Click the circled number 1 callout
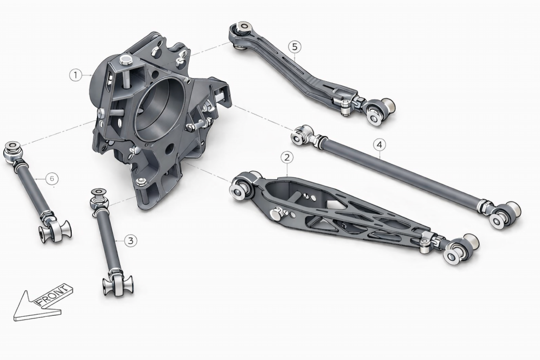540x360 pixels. (76, 75)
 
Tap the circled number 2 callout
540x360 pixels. (287, 158)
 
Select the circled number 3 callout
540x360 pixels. (130, 240)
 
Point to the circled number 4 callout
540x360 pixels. (379, 144)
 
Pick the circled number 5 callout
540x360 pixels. (294, 46)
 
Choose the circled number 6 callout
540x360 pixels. (52, 179)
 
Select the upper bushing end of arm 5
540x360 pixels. (241, 33)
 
